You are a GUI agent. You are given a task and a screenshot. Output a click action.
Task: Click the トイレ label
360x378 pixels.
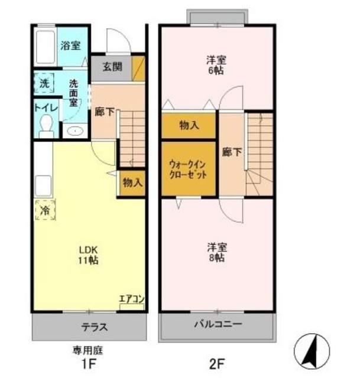pos(45,108)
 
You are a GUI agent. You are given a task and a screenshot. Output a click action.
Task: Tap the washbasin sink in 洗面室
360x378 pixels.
pos(74,131)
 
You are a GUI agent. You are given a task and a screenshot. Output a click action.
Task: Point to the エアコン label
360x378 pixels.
pos(131,299)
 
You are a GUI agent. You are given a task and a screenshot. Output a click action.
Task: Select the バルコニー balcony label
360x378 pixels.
pos(218,325)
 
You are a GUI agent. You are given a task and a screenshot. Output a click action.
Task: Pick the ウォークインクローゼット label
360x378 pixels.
pos(187,170)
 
